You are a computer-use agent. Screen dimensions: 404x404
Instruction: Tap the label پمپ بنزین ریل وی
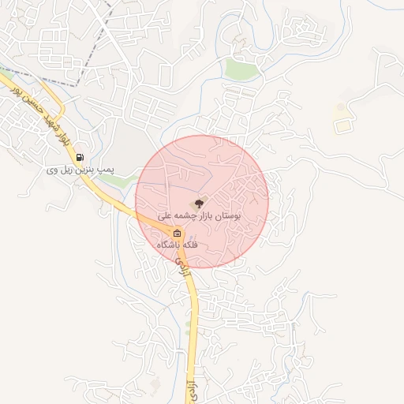coord(80,169)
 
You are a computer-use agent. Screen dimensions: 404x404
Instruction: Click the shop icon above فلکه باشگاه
coord(178,234)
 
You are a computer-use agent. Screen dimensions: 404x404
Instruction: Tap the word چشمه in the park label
coord(182,215)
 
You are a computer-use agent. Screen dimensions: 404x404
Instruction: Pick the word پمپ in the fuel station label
coord(107,169)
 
